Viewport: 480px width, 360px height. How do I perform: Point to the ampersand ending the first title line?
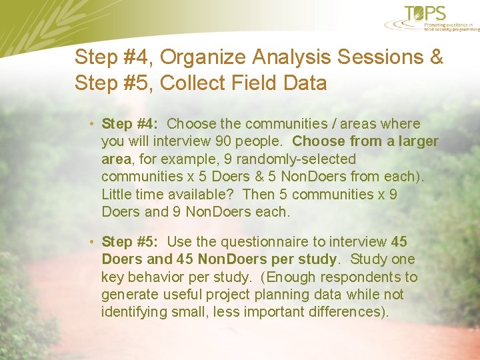point(437,57)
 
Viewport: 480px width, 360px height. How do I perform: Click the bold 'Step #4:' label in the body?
point(129,124)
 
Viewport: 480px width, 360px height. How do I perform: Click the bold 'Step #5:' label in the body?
point(129,242)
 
